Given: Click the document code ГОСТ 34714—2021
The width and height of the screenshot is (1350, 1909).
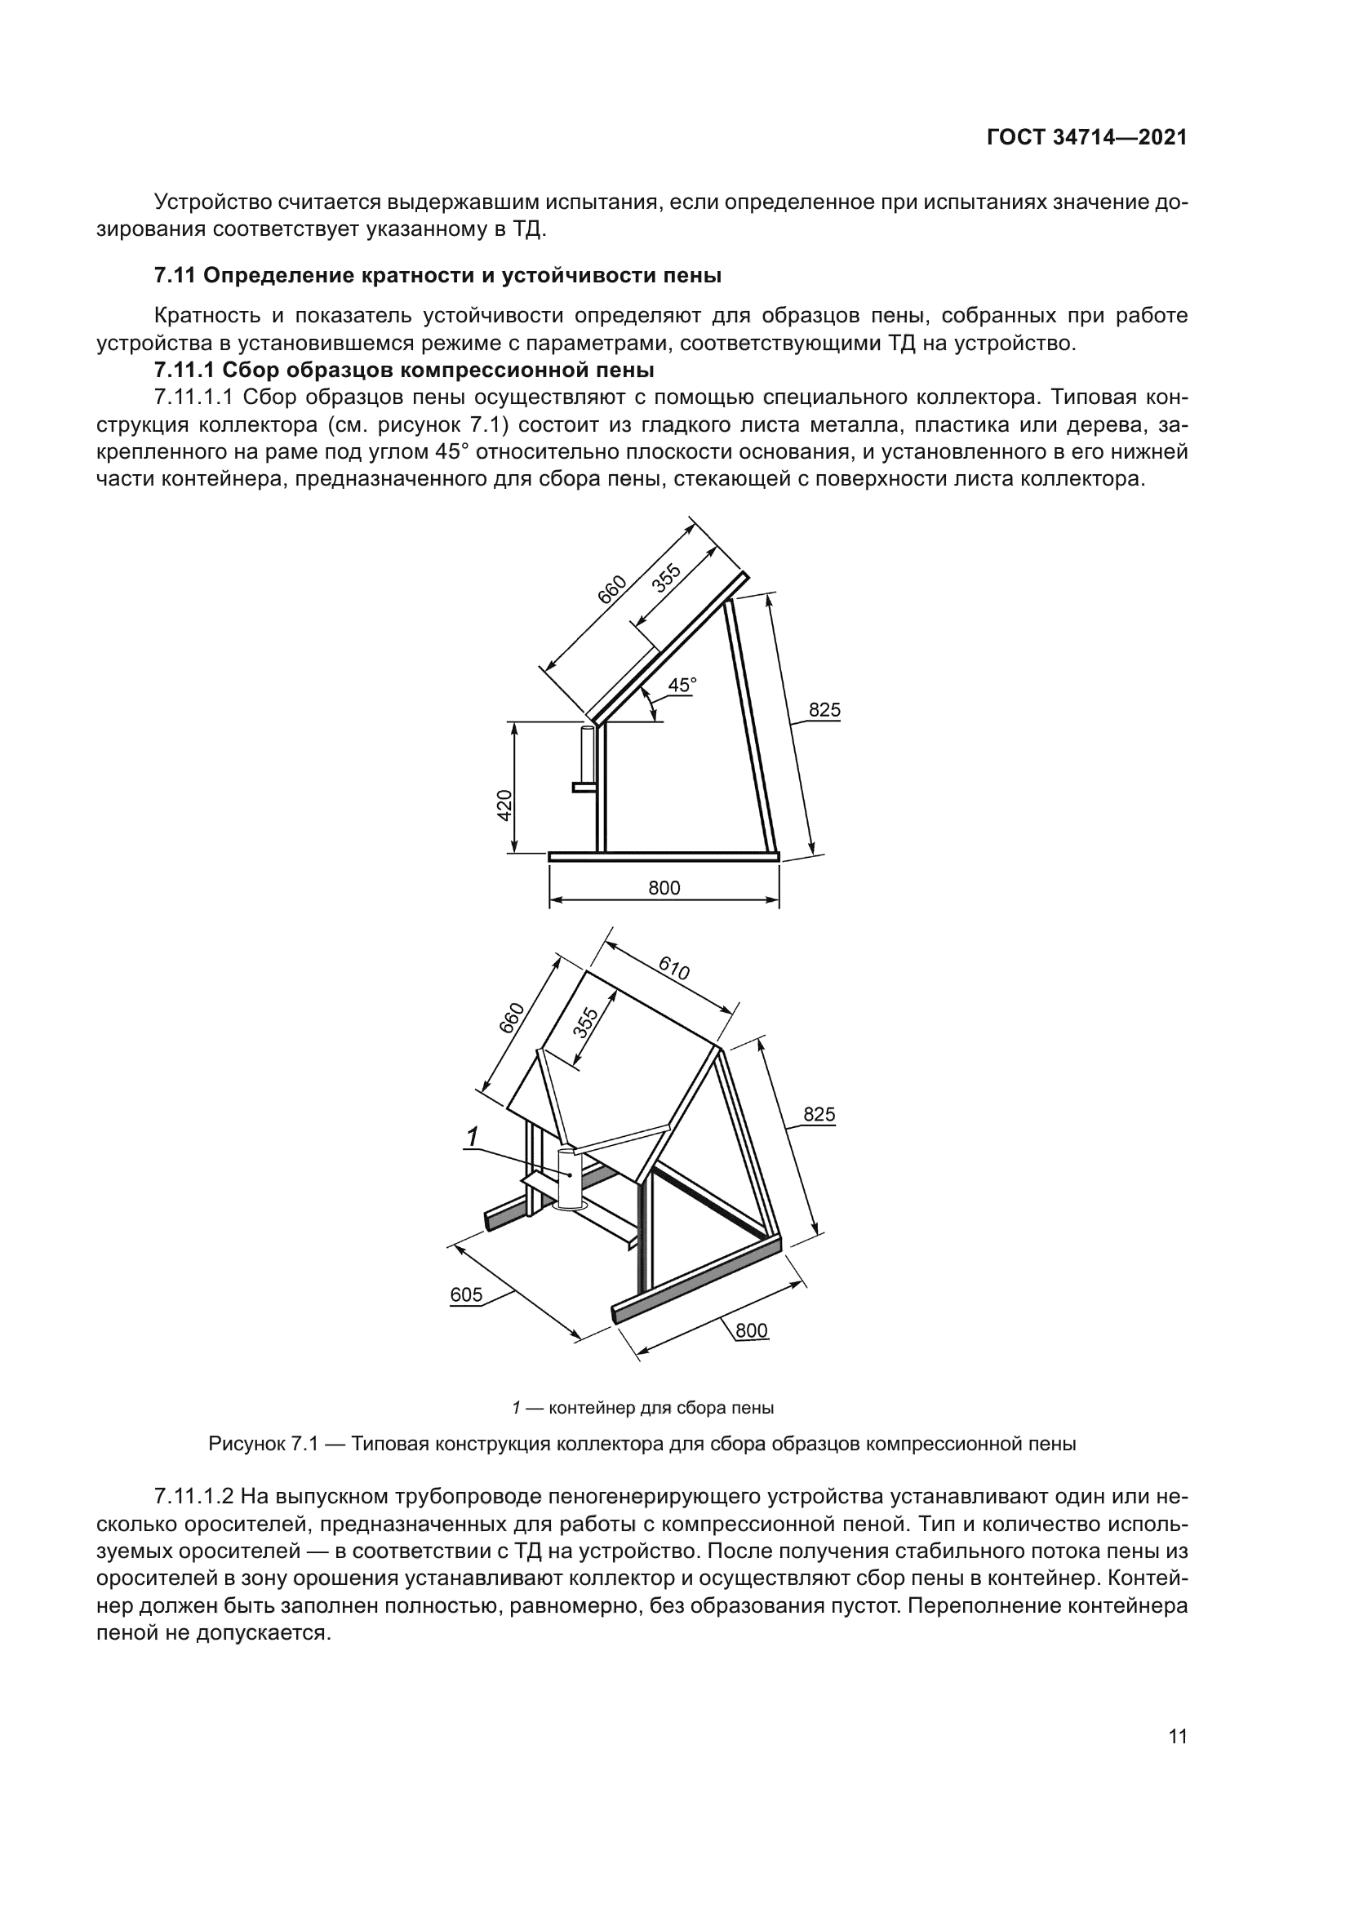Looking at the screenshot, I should point(1086,138).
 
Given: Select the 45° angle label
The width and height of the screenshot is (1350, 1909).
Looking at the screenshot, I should point(682,686).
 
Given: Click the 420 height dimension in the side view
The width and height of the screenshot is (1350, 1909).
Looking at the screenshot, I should point(504,806).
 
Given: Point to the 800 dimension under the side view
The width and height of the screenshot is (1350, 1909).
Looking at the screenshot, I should point(664,888).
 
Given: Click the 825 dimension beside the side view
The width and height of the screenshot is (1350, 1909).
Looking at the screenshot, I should point(824,711).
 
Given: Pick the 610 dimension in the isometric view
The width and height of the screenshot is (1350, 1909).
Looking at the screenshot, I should point(673,969).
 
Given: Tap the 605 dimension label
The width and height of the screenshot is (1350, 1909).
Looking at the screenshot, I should point(466,1294).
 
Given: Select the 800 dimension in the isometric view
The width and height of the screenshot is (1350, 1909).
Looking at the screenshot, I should point(752,1330).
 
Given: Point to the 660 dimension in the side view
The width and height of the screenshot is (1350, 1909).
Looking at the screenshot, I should point(613,589).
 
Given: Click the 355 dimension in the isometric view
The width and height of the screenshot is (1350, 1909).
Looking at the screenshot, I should point(585,1023).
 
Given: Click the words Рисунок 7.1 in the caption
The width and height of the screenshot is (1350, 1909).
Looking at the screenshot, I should point(264,1445).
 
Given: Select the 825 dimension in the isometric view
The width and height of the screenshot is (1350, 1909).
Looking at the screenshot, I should point(819,1115).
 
